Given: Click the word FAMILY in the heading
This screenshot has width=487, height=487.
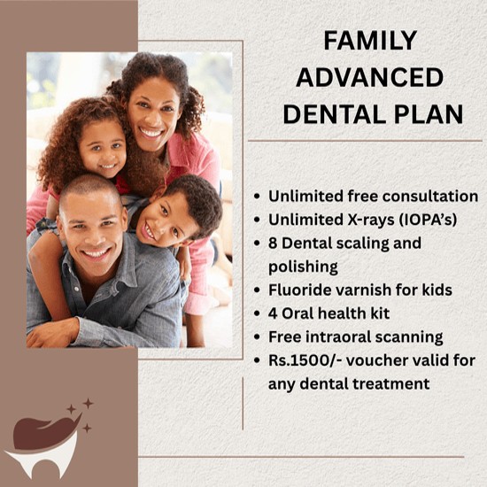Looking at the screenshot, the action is tap(370, 41).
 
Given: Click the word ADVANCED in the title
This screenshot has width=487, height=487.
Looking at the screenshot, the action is tap(369, 77).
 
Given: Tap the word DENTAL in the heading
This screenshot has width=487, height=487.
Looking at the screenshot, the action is tap(335, 114).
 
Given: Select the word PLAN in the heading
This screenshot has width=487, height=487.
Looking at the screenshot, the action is tap(429, 114).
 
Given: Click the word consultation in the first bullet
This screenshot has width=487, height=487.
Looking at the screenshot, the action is tap(430, 197).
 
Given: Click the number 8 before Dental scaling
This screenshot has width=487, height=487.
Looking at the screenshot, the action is tap(273, 243).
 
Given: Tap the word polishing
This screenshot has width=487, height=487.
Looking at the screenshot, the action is tap(303, 267).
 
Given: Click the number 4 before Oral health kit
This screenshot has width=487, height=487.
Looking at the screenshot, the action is tap(273, 313).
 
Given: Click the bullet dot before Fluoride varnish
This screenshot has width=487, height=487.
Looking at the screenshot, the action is tap(257, 290).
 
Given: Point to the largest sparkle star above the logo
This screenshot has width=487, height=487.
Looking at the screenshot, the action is tap(88, 404).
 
